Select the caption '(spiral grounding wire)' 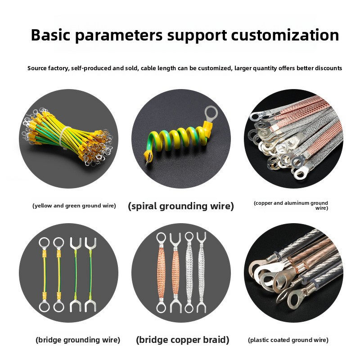coord(181,207)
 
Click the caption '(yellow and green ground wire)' coord(74,206)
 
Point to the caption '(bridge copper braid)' coord(182,340)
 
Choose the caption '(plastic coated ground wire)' coord(288,340)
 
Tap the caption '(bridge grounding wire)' coord(78,340)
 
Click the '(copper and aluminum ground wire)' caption coord(291,206)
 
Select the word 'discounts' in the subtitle coord(327,68)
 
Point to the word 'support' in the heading coord(196,35)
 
